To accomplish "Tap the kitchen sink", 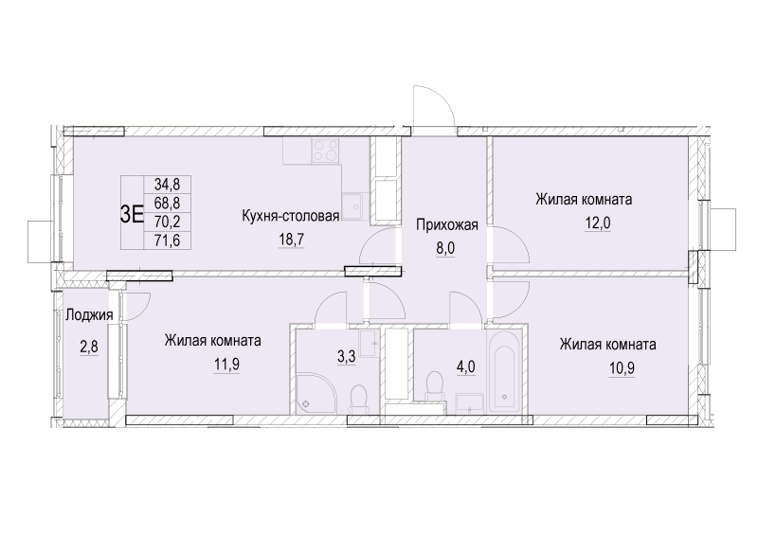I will pyautogui.click(x=354, y=202).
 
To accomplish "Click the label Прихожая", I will pyautogui.click(x=446, y=224).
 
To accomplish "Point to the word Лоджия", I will pyautogui.click(x=90, y=316).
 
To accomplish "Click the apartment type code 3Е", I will pyautogui.click(x=133, y=212).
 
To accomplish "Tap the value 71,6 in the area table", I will pyautogui.click(x=168, y=239).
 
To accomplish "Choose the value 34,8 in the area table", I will pyautogui.click(x=168, y=186).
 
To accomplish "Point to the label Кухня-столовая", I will pyautogui.click(x=290, y=216).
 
